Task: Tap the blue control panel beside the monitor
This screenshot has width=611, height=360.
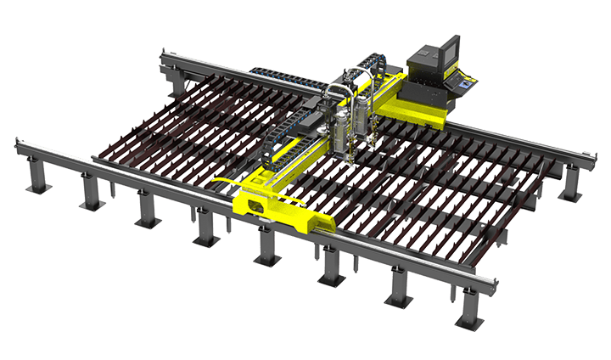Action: [x=464, y=82]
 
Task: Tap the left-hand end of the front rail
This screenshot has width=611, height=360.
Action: [x=19, y=140]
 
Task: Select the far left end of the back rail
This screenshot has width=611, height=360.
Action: [x=164, y=58]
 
